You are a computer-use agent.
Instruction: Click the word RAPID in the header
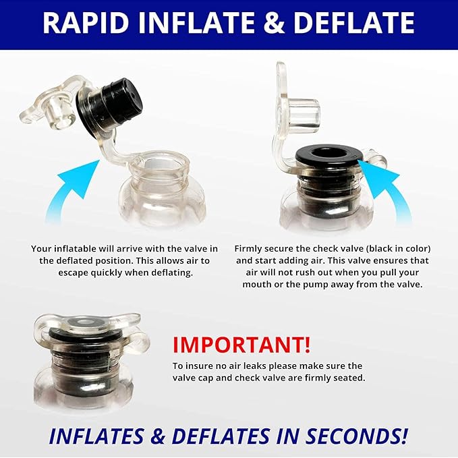click(86, 23)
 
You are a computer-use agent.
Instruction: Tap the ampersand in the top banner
click(274, 23)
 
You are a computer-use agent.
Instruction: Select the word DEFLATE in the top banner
click(354, 23)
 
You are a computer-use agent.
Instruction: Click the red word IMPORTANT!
click(241, 345)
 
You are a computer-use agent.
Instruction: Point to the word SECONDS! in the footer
click(356, 436)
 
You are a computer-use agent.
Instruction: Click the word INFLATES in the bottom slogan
click(96, 436)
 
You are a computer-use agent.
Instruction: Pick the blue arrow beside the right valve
click(389, 190)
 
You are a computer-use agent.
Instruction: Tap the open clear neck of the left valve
click(160, 167)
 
